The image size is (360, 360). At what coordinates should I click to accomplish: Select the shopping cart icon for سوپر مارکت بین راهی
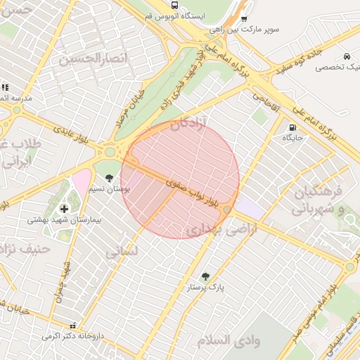(x=244, y=19)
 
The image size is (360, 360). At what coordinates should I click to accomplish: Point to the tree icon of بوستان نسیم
(x=109, y=178)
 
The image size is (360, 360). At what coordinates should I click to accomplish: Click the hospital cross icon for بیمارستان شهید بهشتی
(x=64, y=209)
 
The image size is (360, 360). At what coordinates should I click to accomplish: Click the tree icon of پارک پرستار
(x=205, y=277)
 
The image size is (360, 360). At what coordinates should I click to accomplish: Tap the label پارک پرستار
(x=205, y=288)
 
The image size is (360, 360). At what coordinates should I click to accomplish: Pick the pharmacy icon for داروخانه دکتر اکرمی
(x=73, y=326)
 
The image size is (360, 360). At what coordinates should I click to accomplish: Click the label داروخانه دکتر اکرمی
(x=72, y=336)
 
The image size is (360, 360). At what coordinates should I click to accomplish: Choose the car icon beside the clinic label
(x=347, y=56)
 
